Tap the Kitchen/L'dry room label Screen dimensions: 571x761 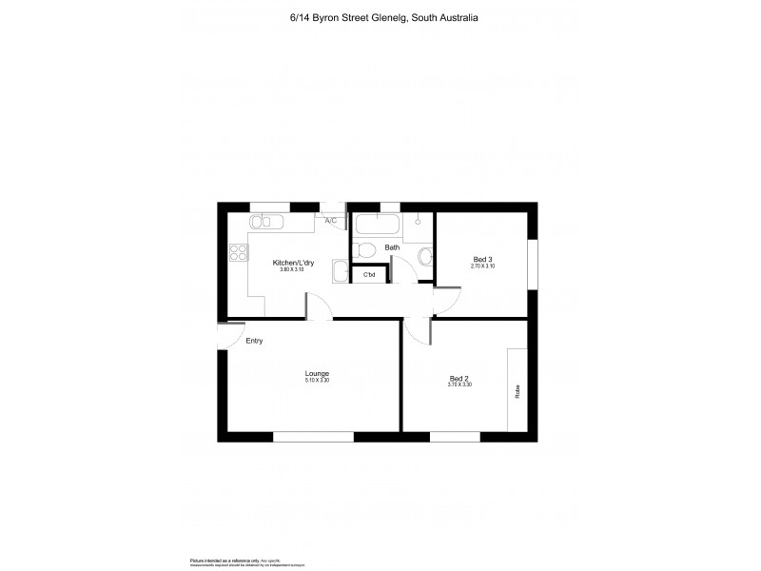(292, 263)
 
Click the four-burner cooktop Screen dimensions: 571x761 (235, 253)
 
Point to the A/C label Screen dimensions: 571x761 (331, 221)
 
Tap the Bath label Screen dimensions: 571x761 (392, 248)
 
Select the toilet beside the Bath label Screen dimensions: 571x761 (361, 250)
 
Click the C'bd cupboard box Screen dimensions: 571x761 (369, 275)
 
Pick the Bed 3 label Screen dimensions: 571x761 (483, 259)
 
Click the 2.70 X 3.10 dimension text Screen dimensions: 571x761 (483, 266)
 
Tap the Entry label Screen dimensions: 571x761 (254, 341)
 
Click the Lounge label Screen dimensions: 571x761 (317, 373)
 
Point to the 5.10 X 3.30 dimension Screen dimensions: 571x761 (317, 381)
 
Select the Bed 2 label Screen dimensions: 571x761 (459, 378)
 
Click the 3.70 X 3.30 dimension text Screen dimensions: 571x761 (459, 384)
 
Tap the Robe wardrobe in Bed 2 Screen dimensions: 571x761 (517, 389)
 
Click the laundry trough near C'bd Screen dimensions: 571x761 (340, 272)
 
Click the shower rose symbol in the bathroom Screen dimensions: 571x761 (417, 221)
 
